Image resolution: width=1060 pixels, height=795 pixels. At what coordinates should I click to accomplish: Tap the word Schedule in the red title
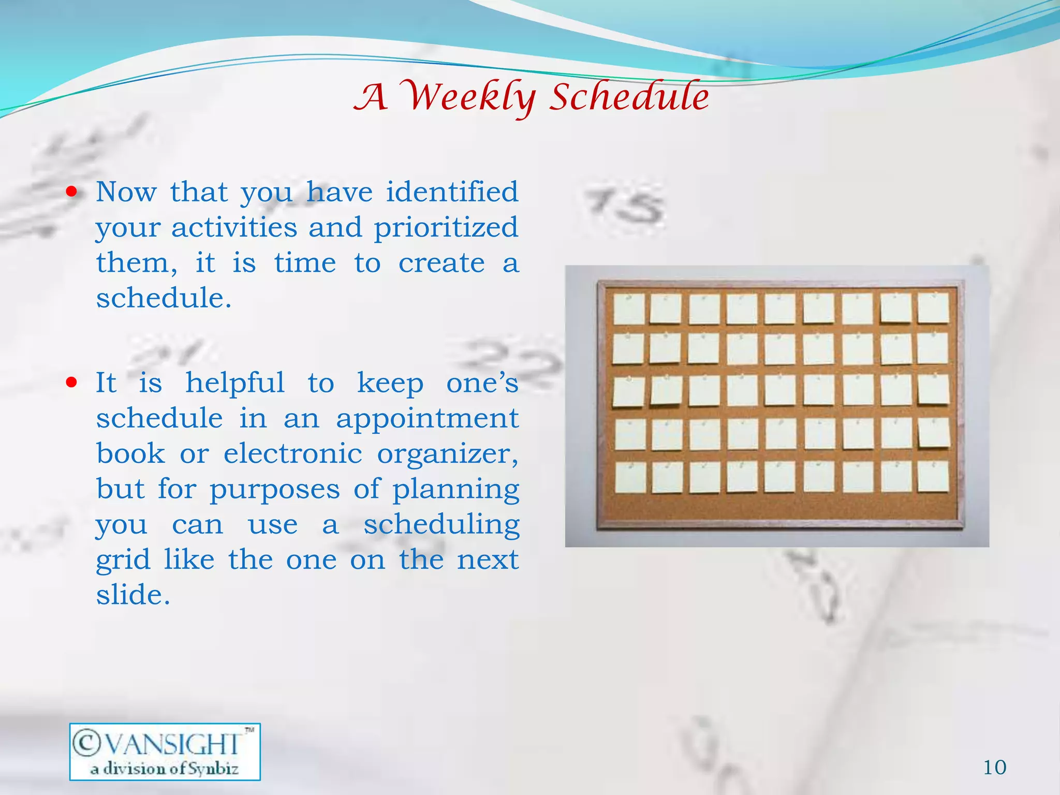[x=628, y=97]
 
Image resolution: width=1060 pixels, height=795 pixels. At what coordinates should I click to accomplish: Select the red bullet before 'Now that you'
[x=72, y=193]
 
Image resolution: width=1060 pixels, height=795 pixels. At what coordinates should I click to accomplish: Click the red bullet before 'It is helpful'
[x=72, y=383]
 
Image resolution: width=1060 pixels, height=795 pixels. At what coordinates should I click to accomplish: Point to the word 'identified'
[x=452, y=192]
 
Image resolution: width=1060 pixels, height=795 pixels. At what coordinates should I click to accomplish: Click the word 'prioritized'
[x=446, y=228]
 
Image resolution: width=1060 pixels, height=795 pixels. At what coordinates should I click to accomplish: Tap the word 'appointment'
[x=427, y=418]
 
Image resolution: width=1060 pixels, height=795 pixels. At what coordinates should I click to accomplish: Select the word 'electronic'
[x=292, y=453]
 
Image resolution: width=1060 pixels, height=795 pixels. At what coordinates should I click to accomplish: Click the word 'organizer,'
[x=447, y=454]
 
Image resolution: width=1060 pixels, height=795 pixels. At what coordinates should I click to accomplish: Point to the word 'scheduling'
[x=441, y=525]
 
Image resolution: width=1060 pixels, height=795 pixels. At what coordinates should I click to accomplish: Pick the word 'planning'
[x=455, y=490]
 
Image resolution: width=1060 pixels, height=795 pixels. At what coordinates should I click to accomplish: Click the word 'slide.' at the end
[x=133, y=595]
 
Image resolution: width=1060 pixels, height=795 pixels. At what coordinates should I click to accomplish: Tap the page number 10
[x=994, y=767]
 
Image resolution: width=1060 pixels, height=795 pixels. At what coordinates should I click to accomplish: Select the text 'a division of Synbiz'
[x=165, y=769]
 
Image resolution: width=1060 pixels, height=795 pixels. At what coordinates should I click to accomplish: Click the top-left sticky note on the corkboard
[x=629, y=309]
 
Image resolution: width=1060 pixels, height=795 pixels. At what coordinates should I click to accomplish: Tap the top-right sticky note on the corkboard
[x=933, y=308]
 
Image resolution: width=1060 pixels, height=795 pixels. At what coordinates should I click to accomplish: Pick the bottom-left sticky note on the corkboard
[x=630, y=477]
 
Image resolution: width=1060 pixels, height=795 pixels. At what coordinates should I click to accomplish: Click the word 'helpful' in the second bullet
[x=235, y=383]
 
